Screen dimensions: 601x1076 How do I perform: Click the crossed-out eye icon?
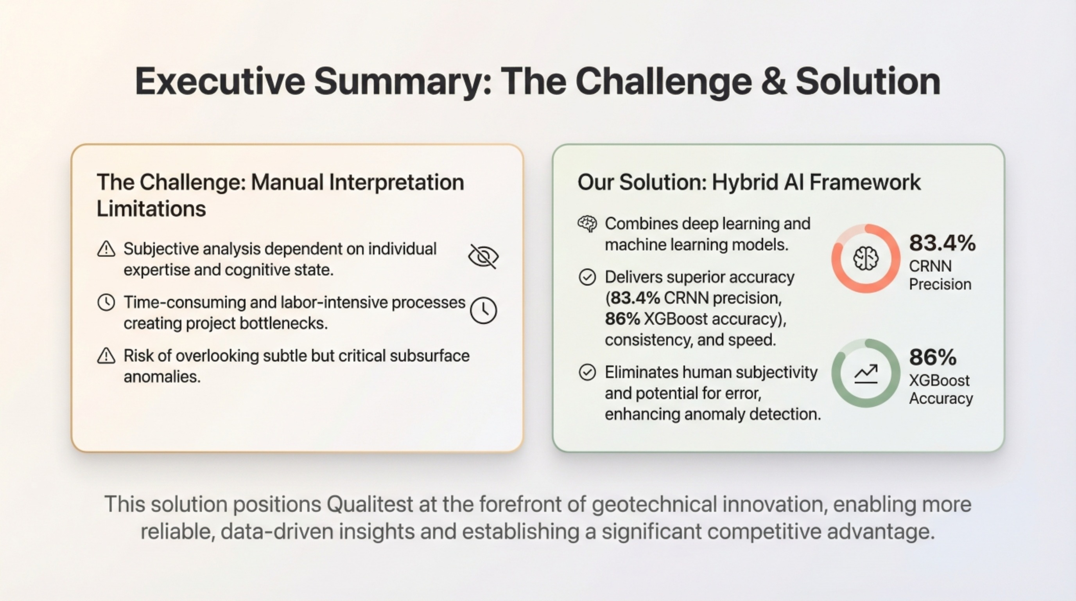pos(483,256)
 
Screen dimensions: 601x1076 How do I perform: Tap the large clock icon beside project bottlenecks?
pos(483,310)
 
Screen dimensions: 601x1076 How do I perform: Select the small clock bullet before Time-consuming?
pos(106,302)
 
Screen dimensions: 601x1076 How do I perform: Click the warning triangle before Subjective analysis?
pos(106,249)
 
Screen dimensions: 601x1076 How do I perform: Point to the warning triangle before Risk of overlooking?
pos(106,356)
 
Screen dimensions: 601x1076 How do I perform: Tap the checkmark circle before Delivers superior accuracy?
pos(587,277)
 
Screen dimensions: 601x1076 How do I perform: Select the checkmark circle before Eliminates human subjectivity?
pos(587,372)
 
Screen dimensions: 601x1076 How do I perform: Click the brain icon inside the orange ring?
pos(866,259)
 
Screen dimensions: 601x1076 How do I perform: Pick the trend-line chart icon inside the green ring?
pos(866,374)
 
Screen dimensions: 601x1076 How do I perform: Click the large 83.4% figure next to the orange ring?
pos(942,243)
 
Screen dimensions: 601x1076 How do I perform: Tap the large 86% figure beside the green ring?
pos(932,357)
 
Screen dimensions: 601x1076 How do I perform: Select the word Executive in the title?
pos(220,81)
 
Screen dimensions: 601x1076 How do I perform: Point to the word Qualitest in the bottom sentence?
pos(369,504)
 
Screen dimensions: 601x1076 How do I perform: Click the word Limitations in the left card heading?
pos(151,209)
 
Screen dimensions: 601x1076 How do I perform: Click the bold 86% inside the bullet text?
pos(622,319)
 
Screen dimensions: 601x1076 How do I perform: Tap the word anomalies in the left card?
pos(162,377)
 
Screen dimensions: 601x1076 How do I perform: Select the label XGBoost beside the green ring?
pos(939,380)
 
